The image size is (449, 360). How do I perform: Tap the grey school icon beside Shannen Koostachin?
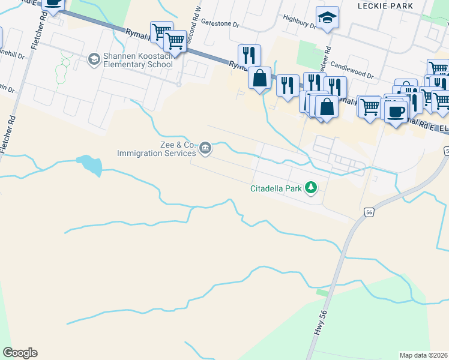tap(94, 59)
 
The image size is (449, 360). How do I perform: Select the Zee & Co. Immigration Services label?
tap(157, 149)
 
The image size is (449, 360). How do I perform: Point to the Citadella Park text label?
tap(276, 188)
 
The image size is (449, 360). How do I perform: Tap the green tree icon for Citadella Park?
tap(311, 188)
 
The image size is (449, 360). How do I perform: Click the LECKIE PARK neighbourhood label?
tap(393, 5)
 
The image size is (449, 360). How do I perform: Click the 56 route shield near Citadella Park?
tap(369, 212)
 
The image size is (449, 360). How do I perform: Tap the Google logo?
tap(20, 353)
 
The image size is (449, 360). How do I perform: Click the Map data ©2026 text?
tap(423, 355)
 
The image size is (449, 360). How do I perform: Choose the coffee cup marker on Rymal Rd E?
tap(395, 111)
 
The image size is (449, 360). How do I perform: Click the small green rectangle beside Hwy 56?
tap(322, 292)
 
